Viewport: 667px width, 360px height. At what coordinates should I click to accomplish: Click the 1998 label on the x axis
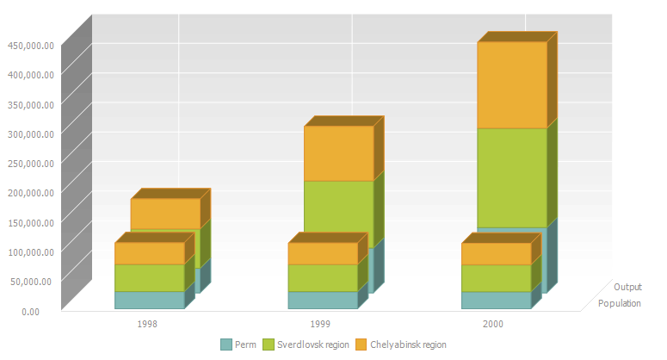click(x=147, y=325)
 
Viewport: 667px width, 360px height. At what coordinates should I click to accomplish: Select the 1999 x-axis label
click(x=320, y=325)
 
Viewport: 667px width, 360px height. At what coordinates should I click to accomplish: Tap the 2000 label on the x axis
click(x=493, y=325)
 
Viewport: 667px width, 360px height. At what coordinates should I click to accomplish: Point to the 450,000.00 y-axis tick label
click(x=31, y=46)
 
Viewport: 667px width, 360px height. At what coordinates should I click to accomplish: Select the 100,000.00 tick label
click(x=31, y=251)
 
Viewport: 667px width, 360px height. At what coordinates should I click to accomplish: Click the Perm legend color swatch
click(x=226, y=344)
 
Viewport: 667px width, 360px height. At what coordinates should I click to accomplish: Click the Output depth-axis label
click(x=627, y=287)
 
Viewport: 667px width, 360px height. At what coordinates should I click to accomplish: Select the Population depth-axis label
click(x=619, y=303)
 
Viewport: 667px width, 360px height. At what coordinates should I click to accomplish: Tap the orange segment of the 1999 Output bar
click(x=338, y=153)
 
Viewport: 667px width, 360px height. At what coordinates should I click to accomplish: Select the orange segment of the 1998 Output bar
click(x=165, y=213)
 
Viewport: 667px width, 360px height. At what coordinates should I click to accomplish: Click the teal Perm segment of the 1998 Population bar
click(x=149, y=300)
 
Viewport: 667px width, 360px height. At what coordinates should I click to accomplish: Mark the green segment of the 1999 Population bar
click(x=322, y=278)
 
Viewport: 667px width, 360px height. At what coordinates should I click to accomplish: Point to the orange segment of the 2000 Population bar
click(x=495, y=254)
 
